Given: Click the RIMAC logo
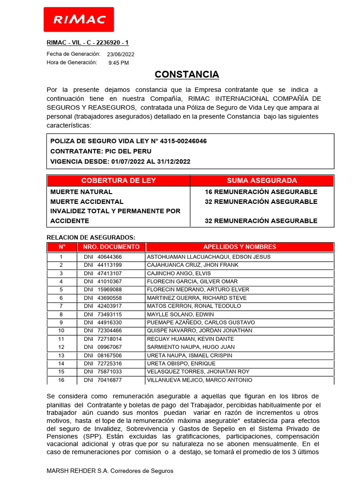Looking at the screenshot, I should (79, 19).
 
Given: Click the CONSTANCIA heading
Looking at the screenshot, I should (187, 75).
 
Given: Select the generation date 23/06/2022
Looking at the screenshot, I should (120, 54).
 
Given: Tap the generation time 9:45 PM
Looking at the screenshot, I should (119, 63).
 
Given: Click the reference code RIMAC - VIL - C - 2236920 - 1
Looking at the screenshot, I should (88, 43).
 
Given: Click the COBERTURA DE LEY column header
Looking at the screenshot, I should (119, 180).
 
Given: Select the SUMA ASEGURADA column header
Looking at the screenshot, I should (262, 180).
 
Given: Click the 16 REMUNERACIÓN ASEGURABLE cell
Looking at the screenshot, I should (261, 192).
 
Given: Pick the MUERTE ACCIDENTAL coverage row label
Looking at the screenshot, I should (87, 202).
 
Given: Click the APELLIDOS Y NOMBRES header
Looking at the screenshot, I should (240, 247).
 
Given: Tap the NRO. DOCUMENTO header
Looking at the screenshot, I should (111, 247).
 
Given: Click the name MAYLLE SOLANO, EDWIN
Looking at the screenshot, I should (180, 314).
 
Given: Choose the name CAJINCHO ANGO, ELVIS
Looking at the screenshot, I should (179, 273).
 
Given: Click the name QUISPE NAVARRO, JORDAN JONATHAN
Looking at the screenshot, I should (200, 330).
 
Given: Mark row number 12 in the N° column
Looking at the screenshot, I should (61, 347).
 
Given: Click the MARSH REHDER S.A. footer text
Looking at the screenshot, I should (110, 471).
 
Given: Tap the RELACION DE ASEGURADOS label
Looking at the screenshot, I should (91, 238).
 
